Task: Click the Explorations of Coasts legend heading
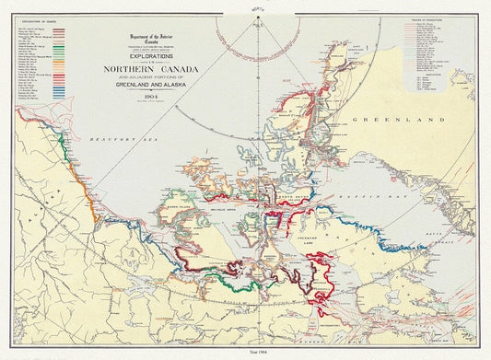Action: coord(35,23)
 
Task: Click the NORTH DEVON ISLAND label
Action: coord(297,197)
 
